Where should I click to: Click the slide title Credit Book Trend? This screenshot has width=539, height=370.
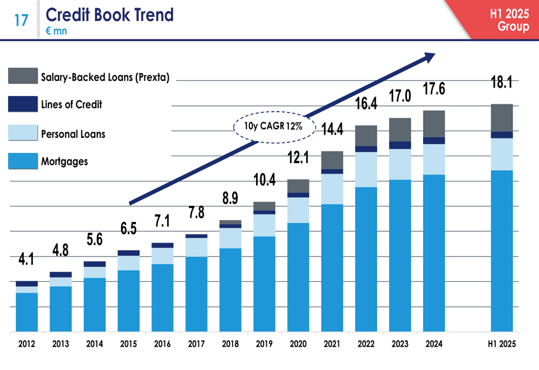[110, 15]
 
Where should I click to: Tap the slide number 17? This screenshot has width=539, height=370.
[21, 21]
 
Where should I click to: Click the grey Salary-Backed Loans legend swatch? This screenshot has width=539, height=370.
[22, 76]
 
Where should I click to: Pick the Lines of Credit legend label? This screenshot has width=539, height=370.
[72, 104]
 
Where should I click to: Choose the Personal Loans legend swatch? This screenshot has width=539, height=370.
[22, 133]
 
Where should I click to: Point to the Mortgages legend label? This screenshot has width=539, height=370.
[64, 161]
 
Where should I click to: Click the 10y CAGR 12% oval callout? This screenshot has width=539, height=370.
[268, 127]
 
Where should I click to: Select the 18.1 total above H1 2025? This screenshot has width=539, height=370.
[501, 84]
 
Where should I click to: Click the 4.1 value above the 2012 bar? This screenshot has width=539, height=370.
[26, 260]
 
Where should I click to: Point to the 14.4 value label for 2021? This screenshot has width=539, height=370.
[332, 130]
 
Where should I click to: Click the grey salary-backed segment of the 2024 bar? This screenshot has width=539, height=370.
[434, 124]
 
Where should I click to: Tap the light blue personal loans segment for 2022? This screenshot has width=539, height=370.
[366, 170]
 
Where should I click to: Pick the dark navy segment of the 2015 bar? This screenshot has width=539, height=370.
[128, 253]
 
